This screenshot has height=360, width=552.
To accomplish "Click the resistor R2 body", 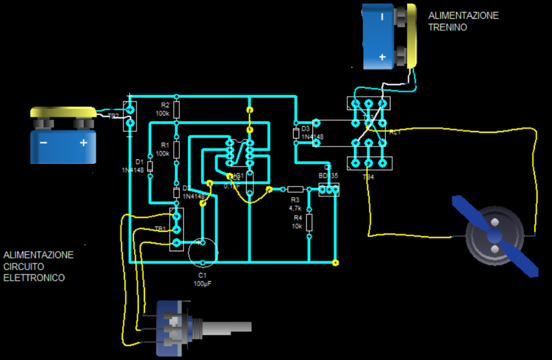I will tap(176, 109).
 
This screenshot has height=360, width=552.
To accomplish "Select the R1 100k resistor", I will tap(176, 149).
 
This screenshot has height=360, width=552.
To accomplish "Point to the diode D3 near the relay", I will tap(295, 133).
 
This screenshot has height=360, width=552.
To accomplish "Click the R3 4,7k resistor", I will tap(295, 190).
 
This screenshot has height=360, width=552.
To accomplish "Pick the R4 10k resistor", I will tap(309, 222).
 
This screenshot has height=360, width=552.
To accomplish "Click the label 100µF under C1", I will tap(202, 284).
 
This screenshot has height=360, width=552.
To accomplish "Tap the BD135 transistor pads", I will tap(329, 190).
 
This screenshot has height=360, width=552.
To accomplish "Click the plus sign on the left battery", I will tap(84, 143).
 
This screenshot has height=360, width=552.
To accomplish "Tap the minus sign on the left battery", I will tap(44, 143).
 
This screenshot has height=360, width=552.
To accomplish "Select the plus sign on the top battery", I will tap(382, 57).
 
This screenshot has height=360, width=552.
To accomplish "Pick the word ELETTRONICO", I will tap(34, 278).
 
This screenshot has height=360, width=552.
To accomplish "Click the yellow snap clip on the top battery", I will tap(413, 35).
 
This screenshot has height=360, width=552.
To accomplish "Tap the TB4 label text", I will tap(369, 177).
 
